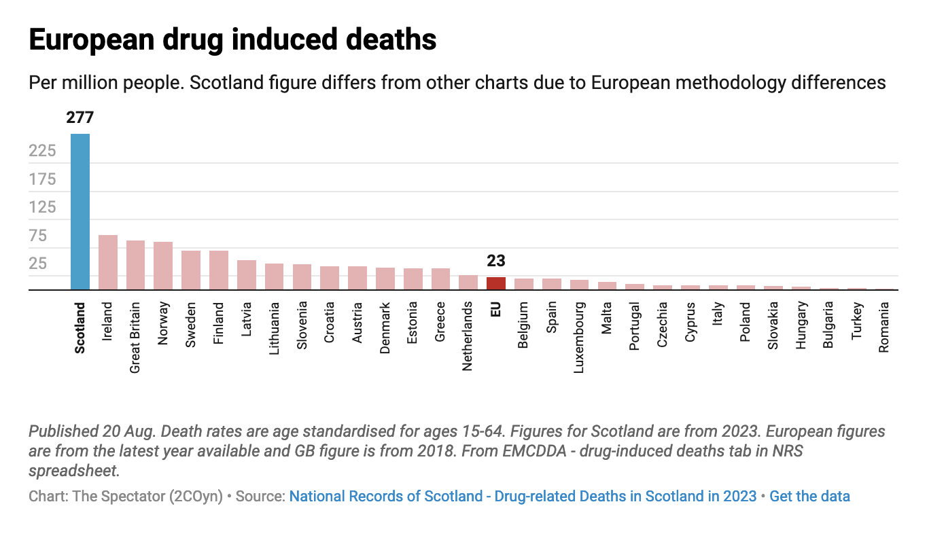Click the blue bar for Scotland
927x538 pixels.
tap(80, 212)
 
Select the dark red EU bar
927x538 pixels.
tap(496, 283)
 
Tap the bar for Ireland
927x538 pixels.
tap(108, 262)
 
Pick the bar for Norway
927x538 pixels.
tap(163, 266)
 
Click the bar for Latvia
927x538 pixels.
tap(247, 275)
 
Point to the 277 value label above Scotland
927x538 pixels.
tap(80, 118)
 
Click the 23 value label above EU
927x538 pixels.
tap(496, 261)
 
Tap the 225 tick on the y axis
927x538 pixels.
tap(43, 151)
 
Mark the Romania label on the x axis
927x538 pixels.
tap(884, 327)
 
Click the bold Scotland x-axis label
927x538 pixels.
tap(80, 327)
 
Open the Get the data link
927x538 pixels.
tap(809, 496)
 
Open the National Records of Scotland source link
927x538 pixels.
tap(523, 496)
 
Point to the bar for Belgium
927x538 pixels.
tap(524, 284)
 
